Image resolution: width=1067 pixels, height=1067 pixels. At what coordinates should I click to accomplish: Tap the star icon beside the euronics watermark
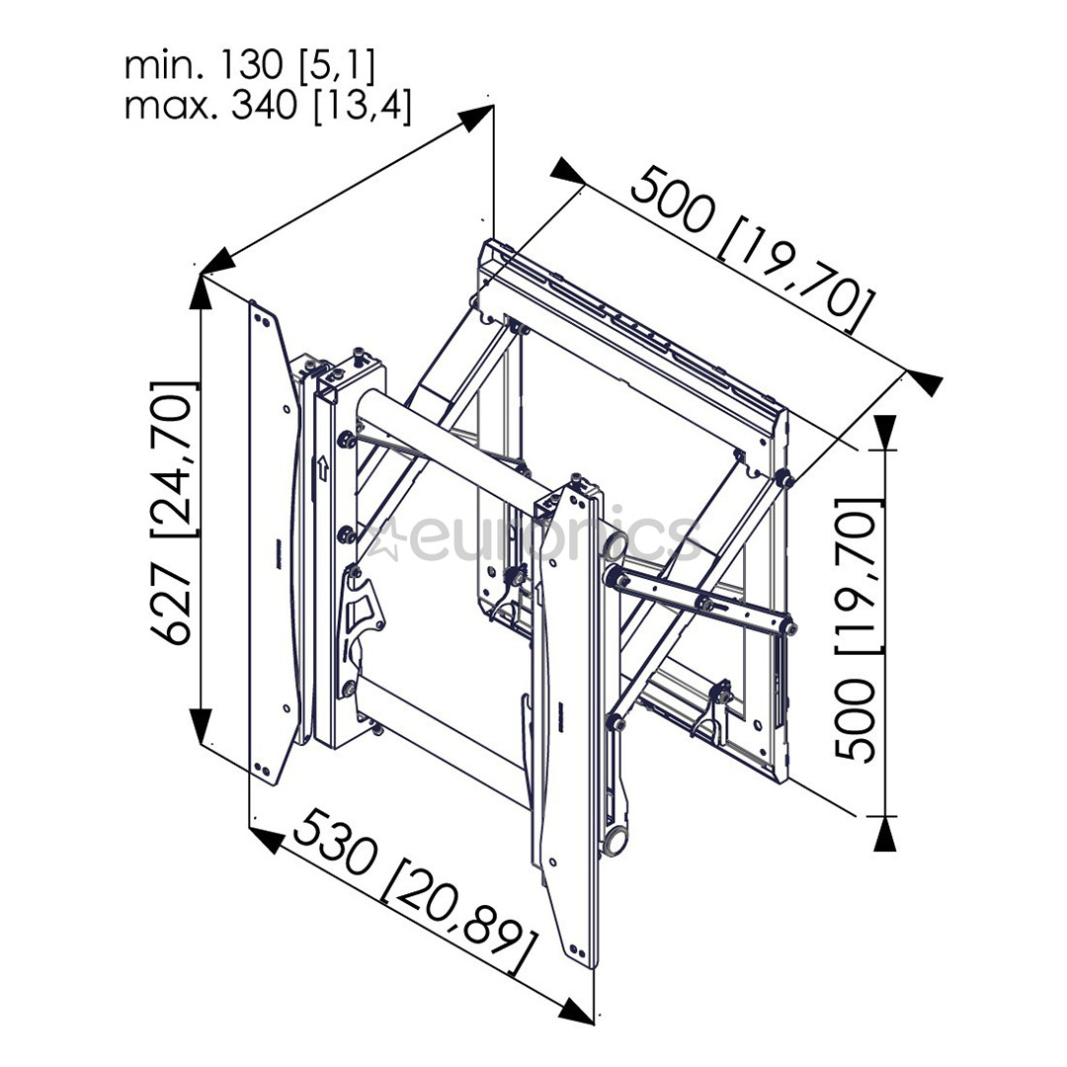(388, 537)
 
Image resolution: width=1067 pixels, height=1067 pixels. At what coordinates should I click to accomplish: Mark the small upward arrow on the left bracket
(322, 468)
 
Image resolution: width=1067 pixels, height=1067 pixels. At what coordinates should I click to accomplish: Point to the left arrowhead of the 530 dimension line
(267, 839)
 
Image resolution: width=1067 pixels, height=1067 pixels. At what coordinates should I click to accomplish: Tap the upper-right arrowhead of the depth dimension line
(475, 117)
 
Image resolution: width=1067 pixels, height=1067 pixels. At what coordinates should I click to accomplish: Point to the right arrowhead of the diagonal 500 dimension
(924, 383)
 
